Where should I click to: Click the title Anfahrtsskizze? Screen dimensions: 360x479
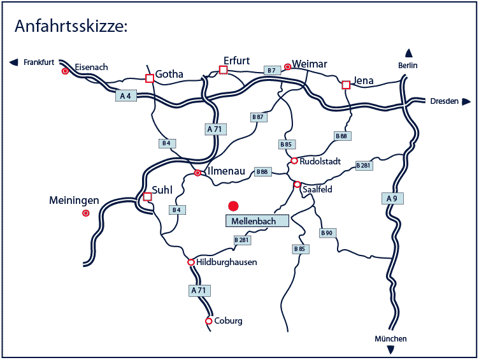[71, 26]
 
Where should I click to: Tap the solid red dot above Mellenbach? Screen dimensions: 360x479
[233, 205]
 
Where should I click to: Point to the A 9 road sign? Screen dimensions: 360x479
[392, 199]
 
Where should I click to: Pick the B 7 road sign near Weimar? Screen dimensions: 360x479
[273, 70]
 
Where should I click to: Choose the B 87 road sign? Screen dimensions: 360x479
[257, 117]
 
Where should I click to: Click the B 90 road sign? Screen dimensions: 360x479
[327, 233]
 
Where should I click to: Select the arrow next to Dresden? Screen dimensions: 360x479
[466, 101]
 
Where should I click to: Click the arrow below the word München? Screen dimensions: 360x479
[390, 349]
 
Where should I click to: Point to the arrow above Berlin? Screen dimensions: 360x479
[408, 54]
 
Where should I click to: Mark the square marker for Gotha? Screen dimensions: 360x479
[150, 78]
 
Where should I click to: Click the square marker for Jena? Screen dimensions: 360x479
[346, 85]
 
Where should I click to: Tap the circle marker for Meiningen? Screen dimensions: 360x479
[85, 213]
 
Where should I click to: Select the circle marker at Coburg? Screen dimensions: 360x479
[209, 321]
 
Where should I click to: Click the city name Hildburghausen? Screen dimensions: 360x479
[227, 263]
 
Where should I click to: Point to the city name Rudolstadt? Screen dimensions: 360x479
[320, 161]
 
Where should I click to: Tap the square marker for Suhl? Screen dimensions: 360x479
[147, 196]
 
